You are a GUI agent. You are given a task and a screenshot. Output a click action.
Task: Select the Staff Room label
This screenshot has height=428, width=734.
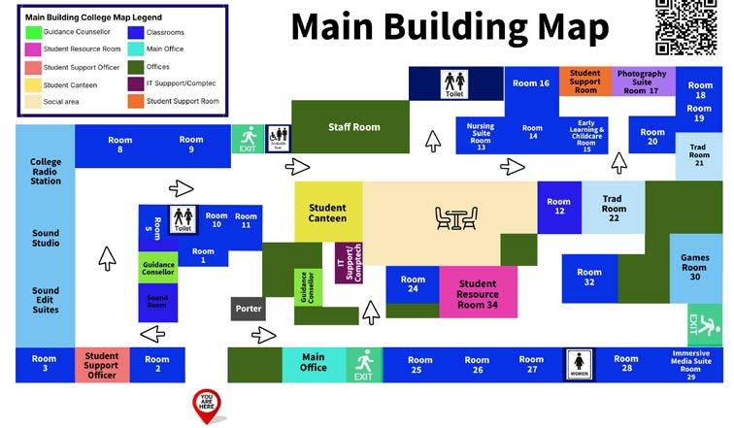(x=353, y=127)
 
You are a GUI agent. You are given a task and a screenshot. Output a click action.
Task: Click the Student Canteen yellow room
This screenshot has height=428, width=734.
(x=327, y=213)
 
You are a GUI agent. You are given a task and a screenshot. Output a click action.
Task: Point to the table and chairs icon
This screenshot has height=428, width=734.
(x=455, y=218)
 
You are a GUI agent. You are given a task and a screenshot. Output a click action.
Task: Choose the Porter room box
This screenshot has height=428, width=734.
(x=249, y=309)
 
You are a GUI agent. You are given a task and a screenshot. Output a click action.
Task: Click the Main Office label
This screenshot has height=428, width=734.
(x=313, y=363)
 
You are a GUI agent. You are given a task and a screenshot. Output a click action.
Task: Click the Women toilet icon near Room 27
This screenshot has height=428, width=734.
(x=579, y=366)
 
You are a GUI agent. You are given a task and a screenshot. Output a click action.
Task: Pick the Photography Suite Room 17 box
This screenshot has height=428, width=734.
(x=642, y=82)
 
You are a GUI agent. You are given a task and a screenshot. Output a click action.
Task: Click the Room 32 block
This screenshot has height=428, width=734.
(x=589, y=277)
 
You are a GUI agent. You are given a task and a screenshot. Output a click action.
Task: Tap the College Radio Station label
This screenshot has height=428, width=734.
(x=46, y=171)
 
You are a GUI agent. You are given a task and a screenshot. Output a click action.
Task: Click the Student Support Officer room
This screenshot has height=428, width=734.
(x=101, y=364)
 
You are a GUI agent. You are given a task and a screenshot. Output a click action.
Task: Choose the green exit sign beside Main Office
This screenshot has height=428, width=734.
(x=363, y=364)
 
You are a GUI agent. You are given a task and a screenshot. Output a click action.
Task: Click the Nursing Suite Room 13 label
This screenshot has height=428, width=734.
(x=481, y=136)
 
